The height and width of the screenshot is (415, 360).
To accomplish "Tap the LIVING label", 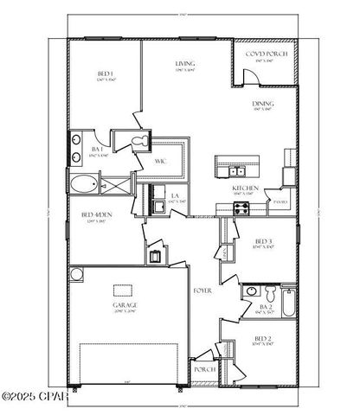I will (184, 65).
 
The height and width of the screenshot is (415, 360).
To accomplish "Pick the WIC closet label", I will (161, 161).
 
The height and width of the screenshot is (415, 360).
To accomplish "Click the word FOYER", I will (202, 290).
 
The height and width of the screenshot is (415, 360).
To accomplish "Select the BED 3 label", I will (265, 242).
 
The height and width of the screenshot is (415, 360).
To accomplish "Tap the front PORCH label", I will (204, 369).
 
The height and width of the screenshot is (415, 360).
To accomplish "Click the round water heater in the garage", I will (77, 275).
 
